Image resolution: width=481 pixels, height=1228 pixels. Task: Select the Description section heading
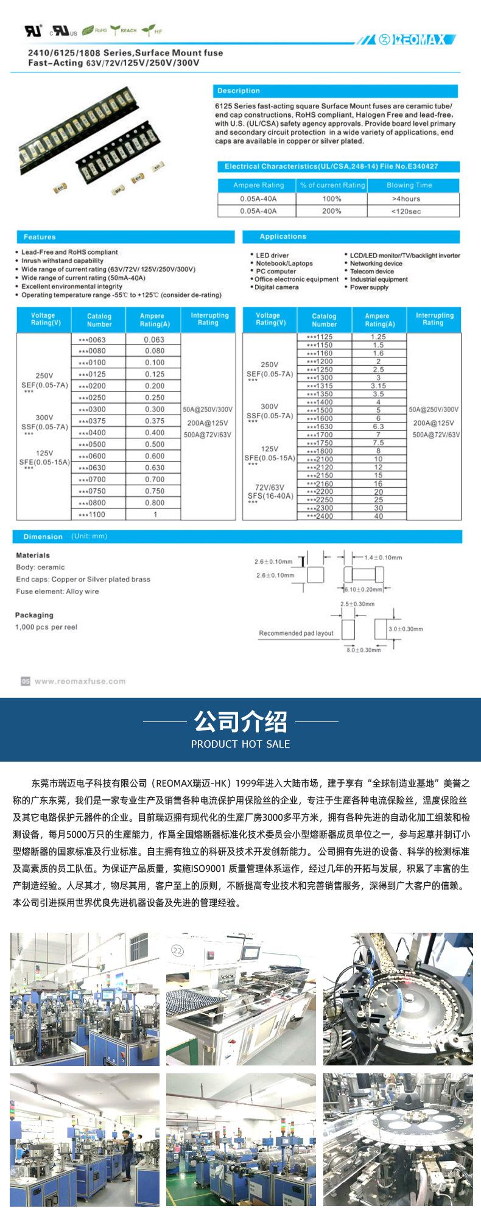point(239,91)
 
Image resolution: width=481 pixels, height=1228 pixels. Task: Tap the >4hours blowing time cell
point(406,198)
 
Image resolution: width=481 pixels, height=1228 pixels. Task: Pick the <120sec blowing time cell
point(406,211)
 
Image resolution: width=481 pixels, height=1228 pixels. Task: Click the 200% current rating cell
point(332,211)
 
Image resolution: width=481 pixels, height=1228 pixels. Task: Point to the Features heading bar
point(40,237)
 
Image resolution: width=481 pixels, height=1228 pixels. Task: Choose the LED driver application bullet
point(272,256)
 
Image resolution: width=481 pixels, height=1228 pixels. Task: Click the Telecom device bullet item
point(372,272)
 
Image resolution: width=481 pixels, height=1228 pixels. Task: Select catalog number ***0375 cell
point(92,421)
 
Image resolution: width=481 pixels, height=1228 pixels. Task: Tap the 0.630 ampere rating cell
point(155,468)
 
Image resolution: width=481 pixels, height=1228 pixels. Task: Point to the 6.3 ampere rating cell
point(378,427)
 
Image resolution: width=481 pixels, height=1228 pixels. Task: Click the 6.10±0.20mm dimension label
point(363,589)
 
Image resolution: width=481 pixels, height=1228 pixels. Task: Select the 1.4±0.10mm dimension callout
point(383,557)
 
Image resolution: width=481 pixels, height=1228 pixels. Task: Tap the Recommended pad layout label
point(296,633)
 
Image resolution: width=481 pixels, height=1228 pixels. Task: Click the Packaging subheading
point(34,615)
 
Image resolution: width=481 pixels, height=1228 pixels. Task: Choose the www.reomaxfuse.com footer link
point(80,681)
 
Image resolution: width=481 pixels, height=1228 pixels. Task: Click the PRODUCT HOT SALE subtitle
point(240,744)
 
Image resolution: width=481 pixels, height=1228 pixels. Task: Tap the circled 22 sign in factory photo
point(177,950)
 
